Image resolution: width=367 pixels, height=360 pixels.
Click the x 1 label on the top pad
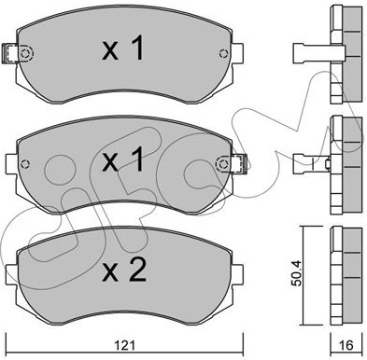(123, 48)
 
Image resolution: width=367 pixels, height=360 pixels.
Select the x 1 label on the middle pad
(123, 159)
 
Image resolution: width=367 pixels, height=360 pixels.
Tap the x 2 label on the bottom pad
(124, 270)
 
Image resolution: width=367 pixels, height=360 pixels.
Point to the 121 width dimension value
(124, 345)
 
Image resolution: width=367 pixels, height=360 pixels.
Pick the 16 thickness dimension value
(346, 345)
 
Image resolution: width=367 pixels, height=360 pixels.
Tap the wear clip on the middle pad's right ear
(240, 163)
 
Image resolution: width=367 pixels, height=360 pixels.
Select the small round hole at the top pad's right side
(223, 53)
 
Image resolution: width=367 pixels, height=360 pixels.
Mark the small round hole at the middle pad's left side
(25, 163)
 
